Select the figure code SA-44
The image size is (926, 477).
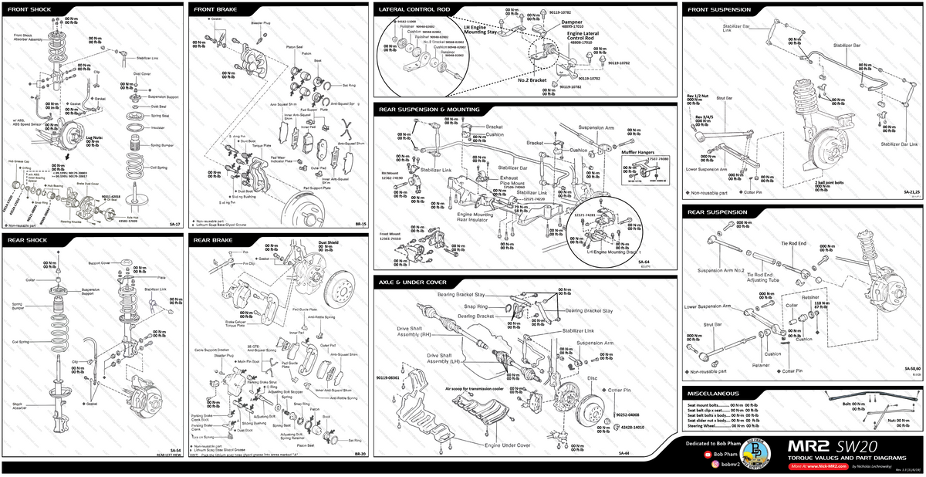point(667,453)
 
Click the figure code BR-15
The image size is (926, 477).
point(360,225)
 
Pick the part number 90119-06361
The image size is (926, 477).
point(388,377)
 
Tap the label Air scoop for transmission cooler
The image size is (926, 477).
point(474,388)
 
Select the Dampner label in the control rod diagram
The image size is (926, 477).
point(572,22)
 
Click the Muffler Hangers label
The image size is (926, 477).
point(638,152)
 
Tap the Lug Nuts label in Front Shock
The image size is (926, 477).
point(94,137)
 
